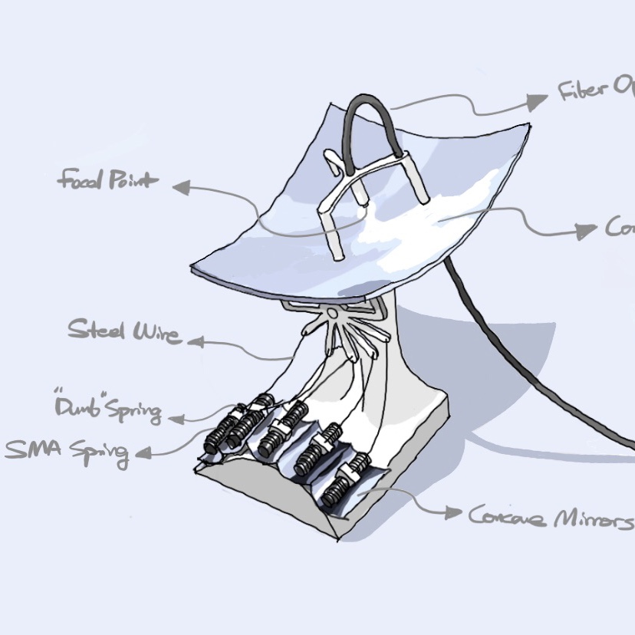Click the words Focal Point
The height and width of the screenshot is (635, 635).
click(107, 182)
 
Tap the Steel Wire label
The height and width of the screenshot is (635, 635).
click(124, 332)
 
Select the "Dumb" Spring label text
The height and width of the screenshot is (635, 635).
click(107, 409)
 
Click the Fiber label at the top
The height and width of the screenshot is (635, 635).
click(594, 92)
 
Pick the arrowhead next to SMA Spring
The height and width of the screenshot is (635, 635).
click(143, 454)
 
